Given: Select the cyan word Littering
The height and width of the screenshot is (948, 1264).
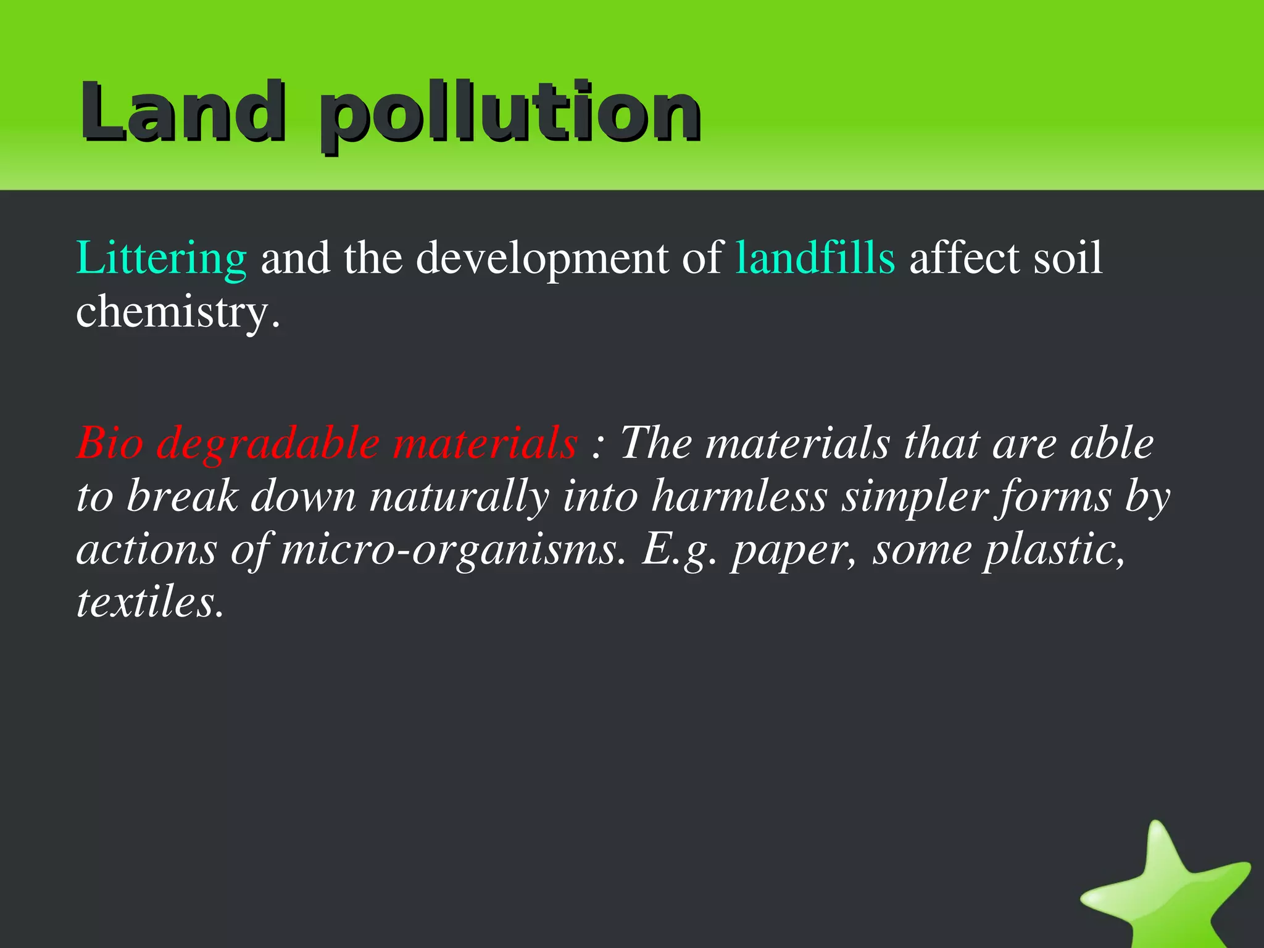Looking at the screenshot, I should tap(161, 258).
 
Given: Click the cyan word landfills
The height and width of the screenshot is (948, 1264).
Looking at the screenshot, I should tap(815, 258).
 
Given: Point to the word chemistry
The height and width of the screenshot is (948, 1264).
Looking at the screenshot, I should tap(178, 312).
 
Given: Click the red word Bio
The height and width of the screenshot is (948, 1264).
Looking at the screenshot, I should tap(110, 443).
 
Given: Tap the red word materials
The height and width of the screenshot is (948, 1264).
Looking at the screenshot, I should tap(485, 443).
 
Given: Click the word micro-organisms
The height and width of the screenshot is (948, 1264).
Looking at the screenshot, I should tap(449, 549).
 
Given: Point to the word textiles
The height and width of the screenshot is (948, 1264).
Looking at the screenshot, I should tap(149, 602).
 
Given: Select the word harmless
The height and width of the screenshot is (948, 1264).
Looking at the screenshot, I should tap(739, 496).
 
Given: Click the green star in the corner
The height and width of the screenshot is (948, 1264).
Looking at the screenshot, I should tap(1166, 889).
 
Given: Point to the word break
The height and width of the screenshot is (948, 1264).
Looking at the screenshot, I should tap(183, 496).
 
